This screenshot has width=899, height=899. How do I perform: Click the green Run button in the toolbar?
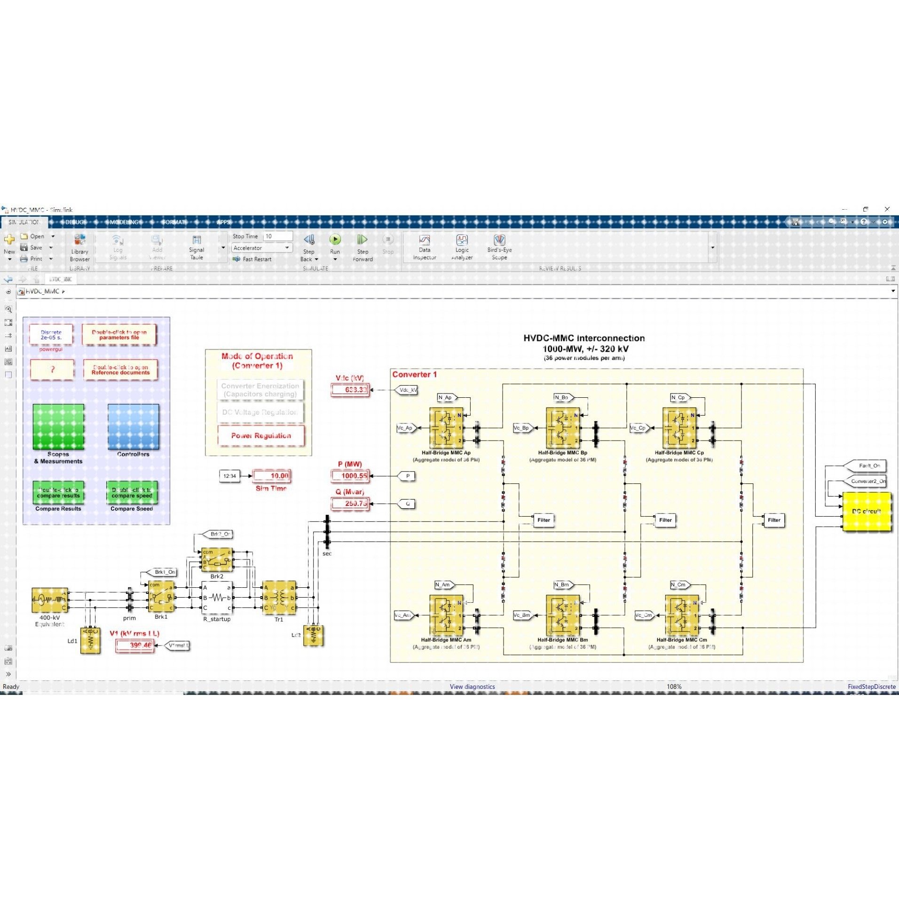coord(335,240)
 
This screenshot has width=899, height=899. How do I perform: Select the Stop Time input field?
coord(278,237)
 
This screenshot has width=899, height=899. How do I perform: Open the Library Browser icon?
coord(79,240)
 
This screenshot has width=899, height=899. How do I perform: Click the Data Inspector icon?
coord(424,241)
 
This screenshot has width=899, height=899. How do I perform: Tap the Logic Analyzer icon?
coord(462,241)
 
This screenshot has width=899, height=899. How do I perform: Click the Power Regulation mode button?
coord(261,436)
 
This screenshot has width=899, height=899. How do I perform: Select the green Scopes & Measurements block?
coord(58,427)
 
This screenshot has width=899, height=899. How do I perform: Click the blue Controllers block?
coord(133,427)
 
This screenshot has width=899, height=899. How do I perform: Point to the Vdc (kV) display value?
coord(350,390)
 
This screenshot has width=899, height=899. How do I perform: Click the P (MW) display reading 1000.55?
coord(350,476)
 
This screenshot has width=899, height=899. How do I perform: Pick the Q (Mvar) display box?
coord(350,504)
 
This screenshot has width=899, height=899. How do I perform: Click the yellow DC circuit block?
coord(866,512)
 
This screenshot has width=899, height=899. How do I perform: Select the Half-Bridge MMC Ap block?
coord(446,427)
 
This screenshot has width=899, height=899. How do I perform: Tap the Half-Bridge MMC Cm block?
coord(681,615)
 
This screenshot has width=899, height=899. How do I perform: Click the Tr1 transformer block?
coord(279,598)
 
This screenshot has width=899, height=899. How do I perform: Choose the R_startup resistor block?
coord(217,598)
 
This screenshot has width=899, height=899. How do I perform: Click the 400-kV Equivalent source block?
coord(49,599)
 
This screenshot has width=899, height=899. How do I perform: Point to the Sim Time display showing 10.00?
coord(272,476)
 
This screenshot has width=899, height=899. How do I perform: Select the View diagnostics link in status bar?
coord(472,686)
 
